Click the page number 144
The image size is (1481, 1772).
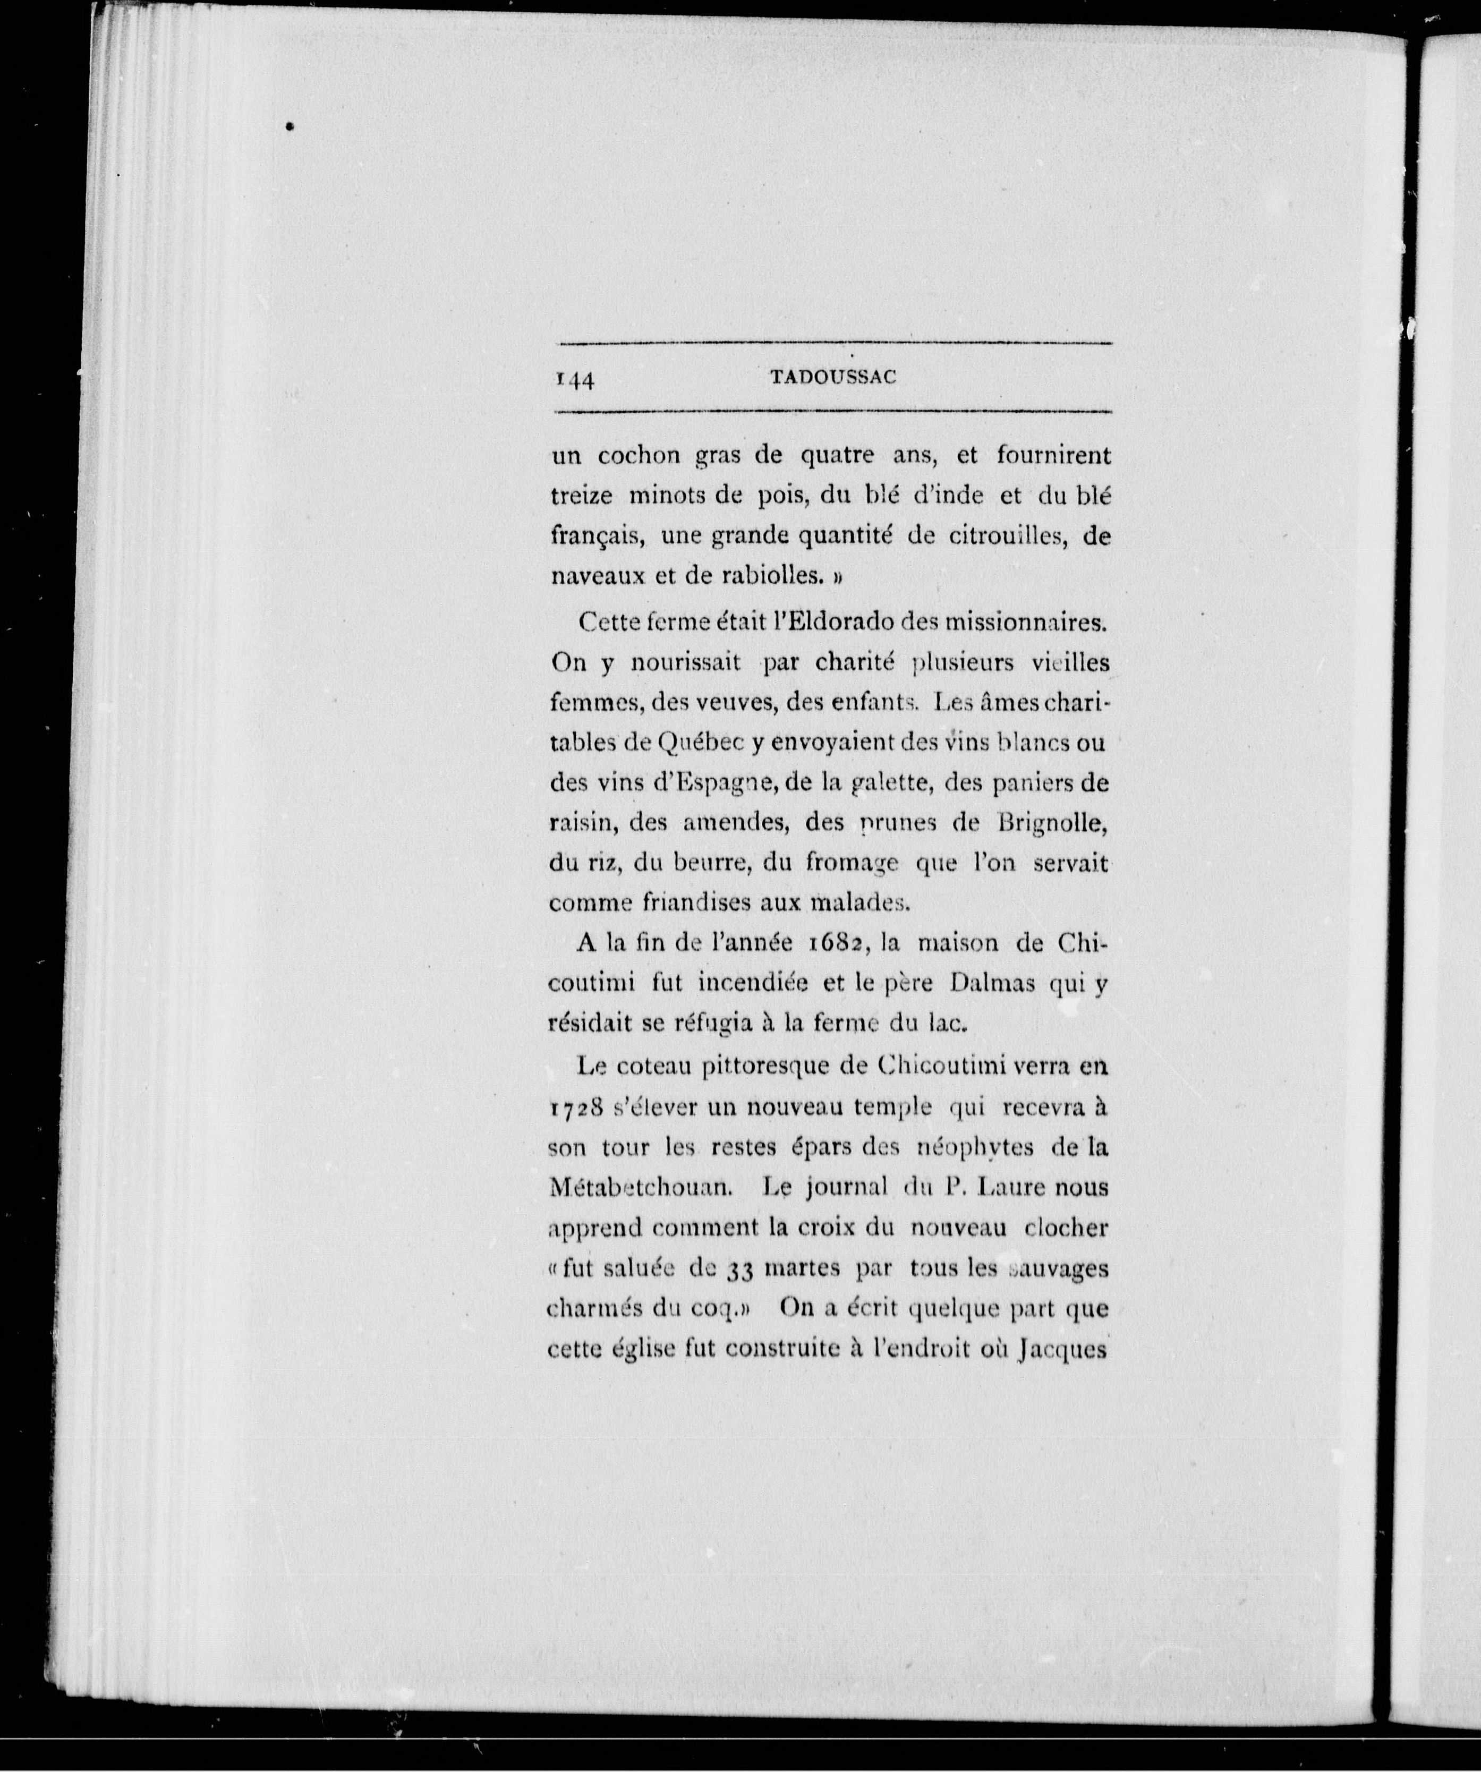[x=575, y=380]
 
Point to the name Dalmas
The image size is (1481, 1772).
[x=992, y=983]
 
